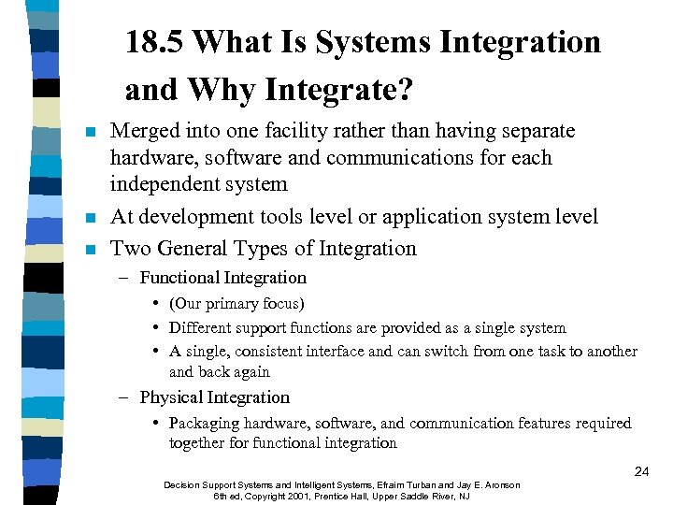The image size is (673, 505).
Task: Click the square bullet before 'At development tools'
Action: (90, 218)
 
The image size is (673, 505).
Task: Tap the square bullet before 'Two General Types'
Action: (90, 250)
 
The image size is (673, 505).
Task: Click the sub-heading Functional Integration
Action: (222, 278)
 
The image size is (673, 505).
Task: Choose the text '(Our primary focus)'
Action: (236, 304)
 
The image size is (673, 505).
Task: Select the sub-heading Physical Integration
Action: (214, 397)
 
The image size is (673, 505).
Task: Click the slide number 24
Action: (641, 471)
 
